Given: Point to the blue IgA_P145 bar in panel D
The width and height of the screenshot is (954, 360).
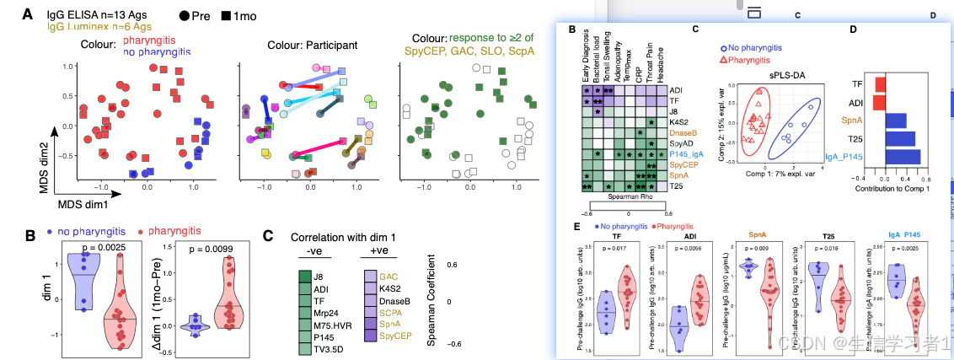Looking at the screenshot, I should (903, 157).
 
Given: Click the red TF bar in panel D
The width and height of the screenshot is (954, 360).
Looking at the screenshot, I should (879, 84).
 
